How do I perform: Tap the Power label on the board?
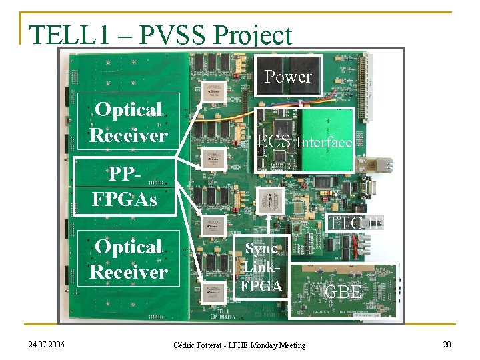pyautogui.click(x=288, y=77)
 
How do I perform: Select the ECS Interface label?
pyautogui.click(x=305, y=142)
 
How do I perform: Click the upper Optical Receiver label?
pyautogui.click(x=128, y=122)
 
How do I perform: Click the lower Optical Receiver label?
pyautogui.click(x=128, y=259)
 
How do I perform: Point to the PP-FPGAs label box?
pyautogui.click(x=125, y=187)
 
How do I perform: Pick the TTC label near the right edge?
pyautogui.click(x=347, y=224)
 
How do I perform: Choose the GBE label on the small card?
pyautogui.click(x=343, y=292)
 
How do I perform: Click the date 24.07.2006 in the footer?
pyautogui.click(x=46, y=345)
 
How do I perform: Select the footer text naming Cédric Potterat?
pyautogui.click(x=239, y=345)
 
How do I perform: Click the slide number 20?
pyautogui.click(x=446, y=344)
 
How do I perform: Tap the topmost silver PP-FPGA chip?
pyautogui.click(x=214, y=95)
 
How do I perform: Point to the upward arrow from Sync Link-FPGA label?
pyautogui.click(x=268, y=224)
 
